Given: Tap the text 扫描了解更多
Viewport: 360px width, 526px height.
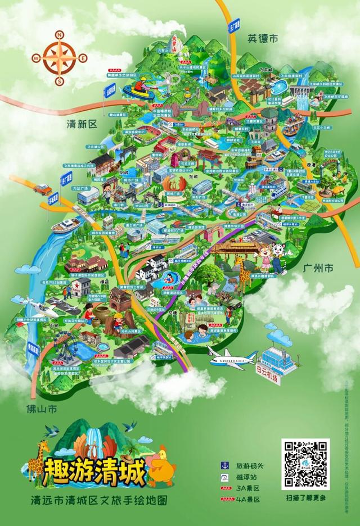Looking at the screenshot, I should coord(305,498).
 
